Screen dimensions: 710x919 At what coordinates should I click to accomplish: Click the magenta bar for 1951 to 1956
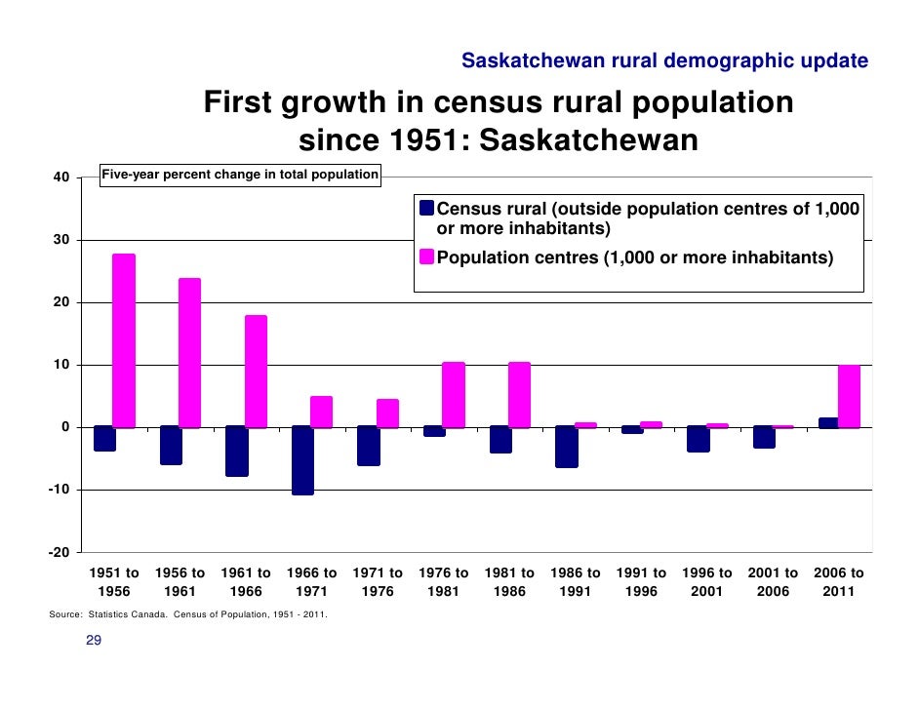(x=124, y=340)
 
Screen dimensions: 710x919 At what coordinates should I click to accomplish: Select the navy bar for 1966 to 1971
(x=302, y=460)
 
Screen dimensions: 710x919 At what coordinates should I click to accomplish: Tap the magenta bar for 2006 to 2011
(x=849, y=396)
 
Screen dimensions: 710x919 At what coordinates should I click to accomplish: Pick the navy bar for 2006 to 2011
(x=827, y=422)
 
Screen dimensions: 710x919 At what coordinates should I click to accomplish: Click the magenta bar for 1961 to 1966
(x=256, y=372)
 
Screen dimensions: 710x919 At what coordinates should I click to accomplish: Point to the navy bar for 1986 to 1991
(x=566, y=447)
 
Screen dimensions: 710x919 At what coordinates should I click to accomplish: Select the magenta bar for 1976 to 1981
(x=454, y=395)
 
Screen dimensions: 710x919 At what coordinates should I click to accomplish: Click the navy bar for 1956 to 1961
(x=171, y=446)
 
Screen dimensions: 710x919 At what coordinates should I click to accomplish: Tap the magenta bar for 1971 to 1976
(x=387, y=414)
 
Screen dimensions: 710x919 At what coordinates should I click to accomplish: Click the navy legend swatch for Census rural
(x=426, y=209)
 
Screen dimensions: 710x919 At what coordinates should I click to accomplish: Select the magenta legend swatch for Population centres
(x=426, y=257)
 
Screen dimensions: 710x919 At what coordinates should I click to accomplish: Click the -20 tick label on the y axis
(x=59, y=552)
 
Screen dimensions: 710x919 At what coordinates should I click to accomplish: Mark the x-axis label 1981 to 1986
(x=509, y=582)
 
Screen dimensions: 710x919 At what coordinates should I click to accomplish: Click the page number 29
(x=95, y=641)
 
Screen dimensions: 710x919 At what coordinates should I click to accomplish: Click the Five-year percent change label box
(x=241, y=175)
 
